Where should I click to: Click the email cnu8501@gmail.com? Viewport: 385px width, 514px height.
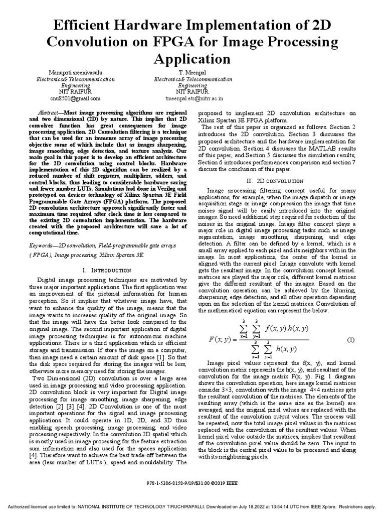(75, 99)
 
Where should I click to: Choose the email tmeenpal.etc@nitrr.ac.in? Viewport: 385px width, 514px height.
(194, 99)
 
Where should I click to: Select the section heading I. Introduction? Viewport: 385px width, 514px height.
(106, 271)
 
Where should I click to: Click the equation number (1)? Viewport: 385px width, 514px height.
(351, 340)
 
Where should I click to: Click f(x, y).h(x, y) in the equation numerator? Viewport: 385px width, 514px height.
(287, 328)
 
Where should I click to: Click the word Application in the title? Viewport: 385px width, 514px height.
(192, 59)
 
